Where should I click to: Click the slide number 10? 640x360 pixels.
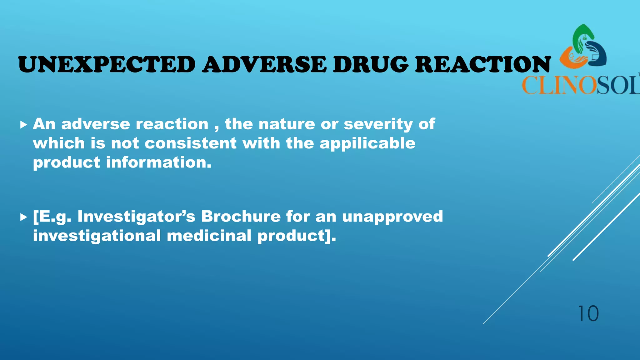click(588, 313)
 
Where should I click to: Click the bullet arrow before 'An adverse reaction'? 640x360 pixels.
click(23, 125)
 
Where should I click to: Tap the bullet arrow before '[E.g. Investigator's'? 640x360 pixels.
click(23, 217)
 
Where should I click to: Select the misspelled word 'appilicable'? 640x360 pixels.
click(367, 144)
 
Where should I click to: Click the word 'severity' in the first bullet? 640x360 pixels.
click(378, 124)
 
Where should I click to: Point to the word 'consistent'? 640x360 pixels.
click(191, 143)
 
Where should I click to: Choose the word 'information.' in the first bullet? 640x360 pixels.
click(159, 162)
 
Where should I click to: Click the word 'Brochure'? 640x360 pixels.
click(241, 216)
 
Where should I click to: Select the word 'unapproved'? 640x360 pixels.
click(392, 217)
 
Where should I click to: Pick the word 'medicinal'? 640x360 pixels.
click(209, 236)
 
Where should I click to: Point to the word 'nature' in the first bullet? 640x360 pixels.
click(287, 124)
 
